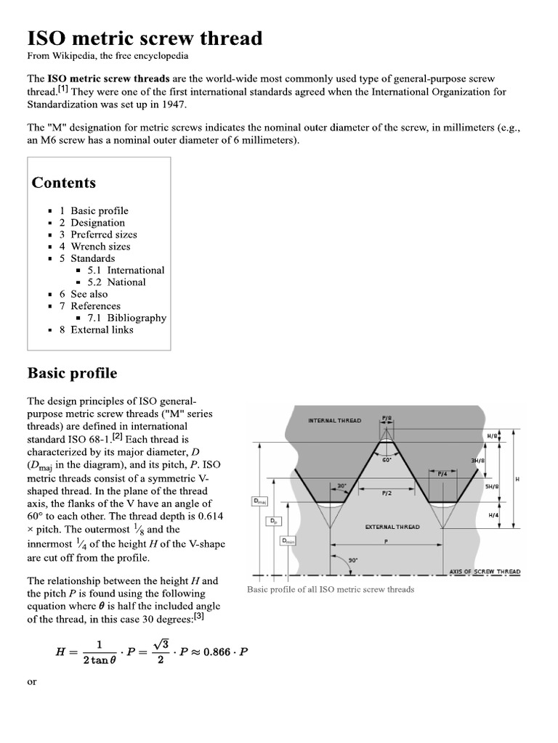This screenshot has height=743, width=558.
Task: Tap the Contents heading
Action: pyautogui.click(x=63, y=183)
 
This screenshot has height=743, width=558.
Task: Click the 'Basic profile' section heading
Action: pyautogui.click(x=72, y=373)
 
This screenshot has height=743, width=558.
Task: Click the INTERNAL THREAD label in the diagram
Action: pyautogui.click(x=334, y=420)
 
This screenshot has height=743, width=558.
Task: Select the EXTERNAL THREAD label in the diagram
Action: pyautogui.click(x=392, y=527)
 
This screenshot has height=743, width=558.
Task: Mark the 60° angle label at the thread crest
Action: pyautogui.click(x=387, y=460)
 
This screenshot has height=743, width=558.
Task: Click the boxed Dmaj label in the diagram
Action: pyautogui.click(x=259, y=501)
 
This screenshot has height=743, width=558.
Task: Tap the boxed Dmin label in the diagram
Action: pyautogui.click(x=287, y=541)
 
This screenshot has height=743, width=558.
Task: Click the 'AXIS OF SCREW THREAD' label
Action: pyautogui.click(x=485, y=572)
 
